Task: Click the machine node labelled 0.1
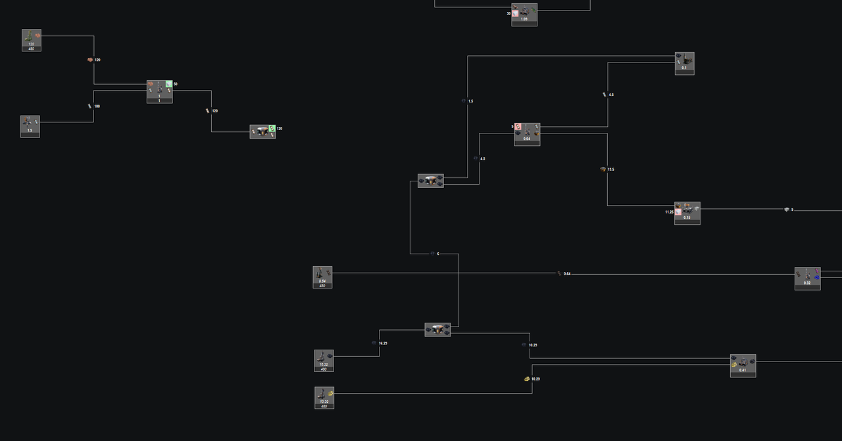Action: point(684,63)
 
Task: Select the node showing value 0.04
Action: point(527,133)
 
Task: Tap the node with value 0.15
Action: point(687,213)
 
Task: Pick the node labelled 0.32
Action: point(807,278)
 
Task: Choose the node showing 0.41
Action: point(743,365)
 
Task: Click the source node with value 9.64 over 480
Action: point(322,277)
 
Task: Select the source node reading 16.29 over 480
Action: point(324,360)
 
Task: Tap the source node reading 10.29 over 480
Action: point(324,398)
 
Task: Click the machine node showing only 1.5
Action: point(30,126)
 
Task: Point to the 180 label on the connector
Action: point(97,106)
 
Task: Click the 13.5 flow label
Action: point(610,170)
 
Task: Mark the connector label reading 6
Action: point(438,254)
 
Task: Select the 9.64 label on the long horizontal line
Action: point(567,273)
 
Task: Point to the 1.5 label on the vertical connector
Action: point(470,101)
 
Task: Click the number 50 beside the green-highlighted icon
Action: point(176,84)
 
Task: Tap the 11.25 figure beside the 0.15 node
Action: point(669,212)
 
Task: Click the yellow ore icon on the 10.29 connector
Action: point(527,379)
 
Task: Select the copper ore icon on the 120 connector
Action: point(90,60)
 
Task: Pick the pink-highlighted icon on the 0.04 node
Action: point(518,126)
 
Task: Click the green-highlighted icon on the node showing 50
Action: point(169,84)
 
